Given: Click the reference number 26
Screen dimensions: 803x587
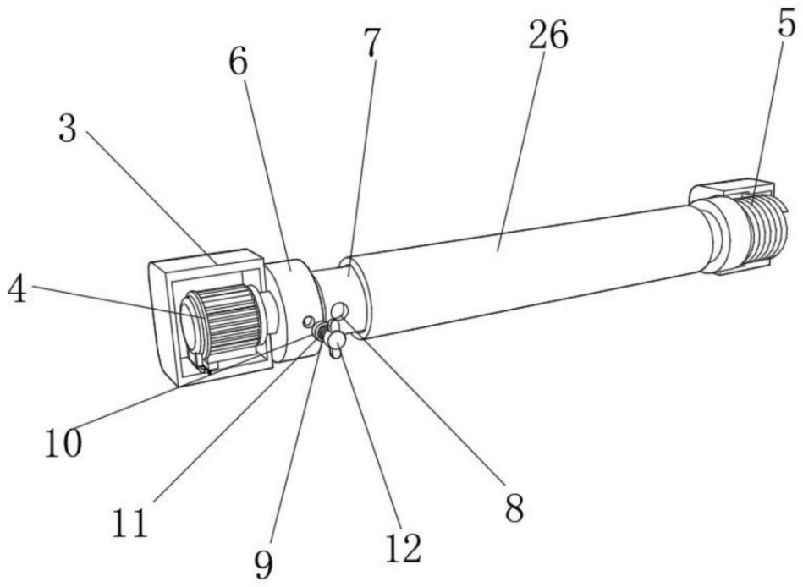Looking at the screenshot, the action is pos(548,36).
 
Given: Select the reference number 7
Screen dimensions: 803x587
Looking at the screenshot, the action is pos(372,43).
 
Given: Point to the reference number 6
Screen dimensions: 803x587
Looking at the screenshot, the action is pos(238,63).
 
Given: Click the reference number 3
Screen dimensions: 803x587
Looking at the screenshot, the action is pos(67,129).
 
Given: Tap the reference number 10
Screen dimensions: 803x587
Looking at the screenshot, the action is pos(63,442).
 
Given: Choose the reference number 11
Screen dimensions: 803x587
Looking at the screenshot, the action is pos(130,523).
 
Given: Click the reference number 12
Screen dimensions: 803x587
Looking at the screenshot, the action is pos(404,547).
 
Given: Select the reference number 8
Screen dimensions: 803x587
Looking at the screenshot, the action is pos(514,508).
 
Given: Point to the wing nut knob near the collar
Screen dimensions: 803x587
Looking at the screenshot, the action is pos(337,337).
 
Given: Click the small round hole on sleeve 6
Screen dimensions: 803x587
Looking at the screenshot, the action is pos(307,321).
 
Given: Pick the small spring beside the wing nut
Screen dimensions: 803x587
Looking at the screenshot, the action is pos(322,332).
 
